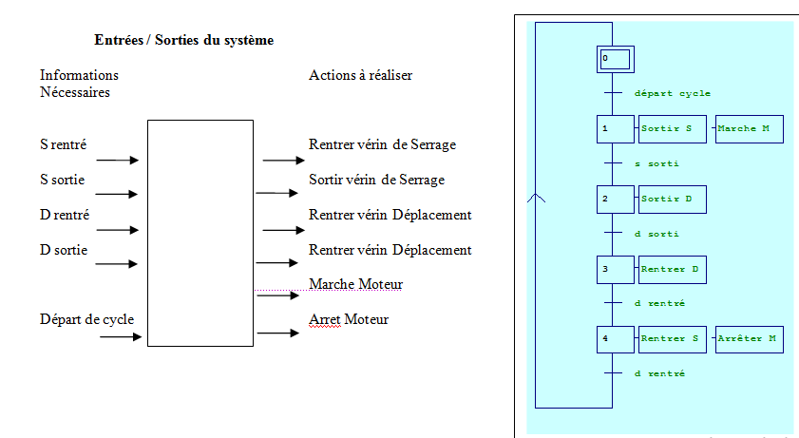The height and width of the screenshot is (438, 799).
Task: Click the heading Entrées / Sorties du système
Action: pos(184,40)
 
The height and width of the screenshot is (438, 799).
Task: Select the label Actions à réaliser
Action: pos(360,75)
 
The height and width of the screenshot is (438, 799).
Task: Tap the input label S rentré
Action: pos(63,144)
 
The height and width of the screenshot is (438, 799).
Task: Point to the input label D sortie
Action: pos(64,250)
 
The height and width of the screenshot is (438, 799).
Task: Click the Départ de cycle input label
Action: pos(86,319)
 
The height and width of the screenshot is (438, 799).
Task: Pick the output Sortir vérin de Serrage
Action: pos(376,180)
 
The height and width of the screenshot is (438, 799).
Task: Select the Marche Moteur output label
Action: pos(355,284)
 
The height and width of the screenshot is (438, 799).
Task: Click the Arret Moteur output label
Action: pos(349,319)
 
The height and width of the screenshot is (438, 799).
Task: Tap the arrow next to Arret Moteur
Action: pos(278,333)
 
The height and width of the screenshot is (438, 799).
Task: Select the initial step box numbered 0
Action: pos(615,59)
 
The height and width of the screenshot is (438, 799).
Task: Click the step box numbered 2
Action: pos(615,200)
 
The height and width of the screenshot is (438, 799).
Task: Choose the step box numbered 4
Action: pos(615,339)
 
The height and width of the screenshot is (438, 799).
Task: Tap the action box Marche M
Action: pos(749,129)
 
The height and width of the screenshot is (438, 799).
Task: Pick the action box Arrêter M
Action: pos(749,339)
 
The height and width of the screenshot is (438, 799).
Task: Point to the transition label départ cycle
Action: pos(673,94)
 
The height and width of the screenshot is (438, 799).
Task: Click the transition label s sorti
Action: pos(656,163)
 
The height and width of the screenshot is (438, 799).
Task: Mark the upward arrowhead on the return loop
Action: pos(537,198)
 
